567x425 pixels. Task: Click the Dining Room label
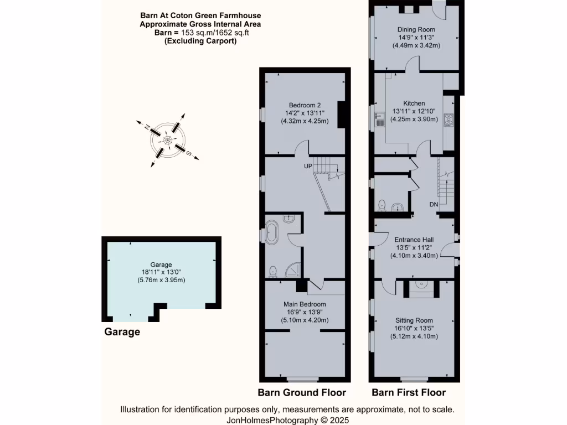(416, 29)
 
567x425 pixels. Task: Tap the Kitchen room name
(414, 103)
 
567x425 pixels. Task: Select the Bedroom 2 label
(305, 105)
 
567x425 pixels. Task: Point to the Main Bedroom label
(305, 304)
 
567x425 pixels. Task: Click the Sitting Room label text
(414, 320)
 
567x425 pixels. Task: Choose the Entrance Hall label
(414, 240)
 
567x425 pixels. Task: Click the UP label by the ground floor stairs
(307, 165)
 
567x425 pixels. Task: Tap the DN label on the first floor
(434, 205)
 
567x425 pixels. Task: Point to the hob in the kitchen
(449, 120)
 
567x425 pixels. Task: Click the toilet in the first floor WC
(382, 206)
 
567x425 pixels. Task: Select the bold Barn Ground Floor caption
(302, 392)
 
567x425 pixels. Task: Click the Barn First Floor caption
(409, 392)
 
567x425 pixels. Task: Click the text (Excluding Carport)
(200, 40)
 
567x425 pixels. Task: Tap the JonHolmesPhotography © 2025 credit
(287, 420)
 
